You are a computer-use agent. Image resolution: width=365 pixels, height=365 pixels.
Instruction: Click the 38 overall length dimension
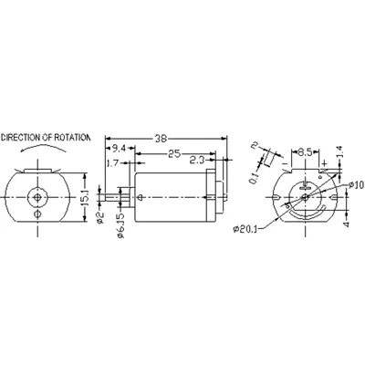coord(162,139)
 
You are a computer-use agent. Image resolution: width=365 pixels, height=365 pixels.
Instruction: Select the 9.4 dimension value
coord(119,149)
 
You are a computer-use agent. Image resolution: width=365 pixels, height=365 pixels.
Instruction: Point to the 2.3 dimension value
coord(198,160)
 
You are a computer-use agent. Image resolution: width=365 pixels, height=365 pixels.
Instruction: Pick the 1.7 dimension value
coord(112,163)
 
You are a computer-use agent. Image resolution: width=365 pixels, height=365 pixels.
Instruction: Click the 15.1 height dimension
coord(85,198)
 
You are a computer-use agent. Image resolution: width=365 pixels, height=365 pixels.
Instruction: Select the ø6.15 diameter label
coord(121,224)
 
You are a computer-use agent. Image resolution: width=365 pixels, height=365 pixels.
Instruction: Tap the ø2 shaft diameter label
coord(101,217)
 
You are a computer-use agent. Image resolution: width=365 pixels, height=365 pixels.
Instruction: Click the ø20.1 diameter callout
coord(245,229)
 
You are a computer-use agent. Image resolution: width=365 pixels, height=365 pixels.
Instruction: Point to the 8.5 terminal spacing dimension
coord(305,152)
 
